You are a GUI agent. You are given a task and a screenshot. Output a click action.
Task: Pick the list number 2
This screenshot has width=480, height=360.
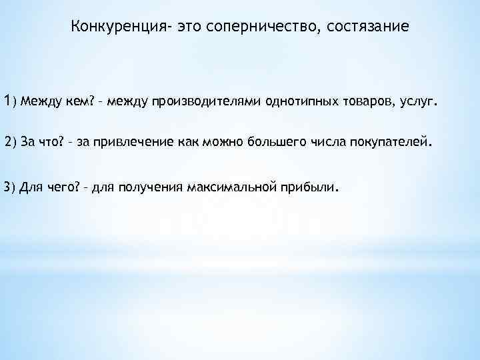(8, 143)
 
